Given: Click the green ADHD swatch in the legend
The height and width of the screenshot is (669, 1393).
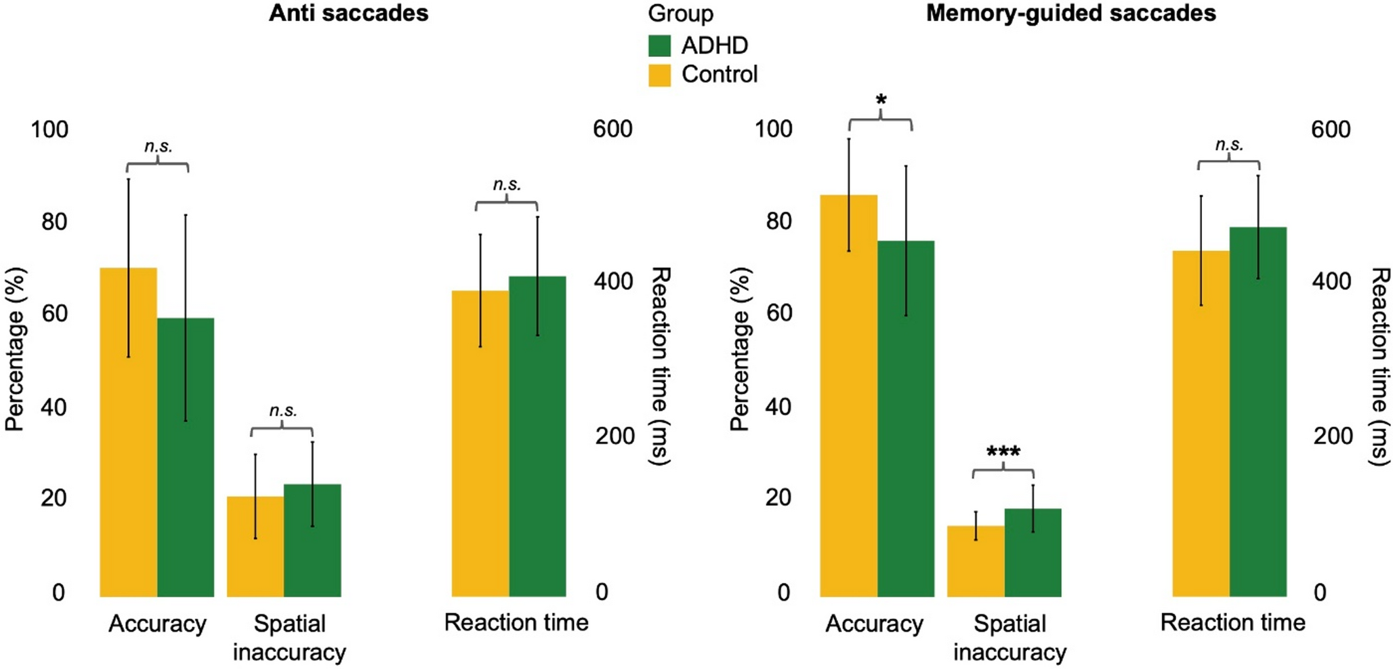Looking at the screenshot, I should click(659, 45).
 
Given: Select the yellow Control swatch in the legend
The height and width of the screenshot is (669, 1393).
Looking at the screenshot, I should click(659, 75).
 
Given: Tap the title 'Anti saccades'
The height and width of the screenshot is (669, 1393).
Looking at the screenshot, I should click(348, 13).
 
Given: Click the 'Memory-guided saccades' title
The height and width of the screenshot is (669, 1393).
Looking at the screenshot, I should click(1070, 13).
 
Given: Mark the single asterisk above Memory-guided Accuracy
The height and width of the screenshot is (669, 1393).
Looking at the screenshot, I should click(881, 101).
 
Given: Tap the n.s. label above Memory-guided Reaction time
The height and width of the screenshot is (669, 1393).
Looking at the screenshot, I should click(1229, 144).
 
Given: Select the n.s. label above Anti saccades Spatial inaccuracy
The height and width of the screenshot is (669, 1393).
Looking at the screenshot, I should click(283, 411).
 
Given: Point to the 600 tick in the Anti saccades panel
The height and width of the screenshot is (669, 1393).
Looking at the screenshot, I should click(612, 129).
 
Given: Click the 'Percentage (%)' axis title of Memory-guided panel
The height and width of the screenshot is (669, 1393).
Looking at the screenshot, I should click(741, 349).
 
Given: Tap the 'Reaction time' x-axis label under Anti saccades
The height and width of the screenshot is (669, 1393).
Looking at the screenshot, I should click(516, 623).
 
